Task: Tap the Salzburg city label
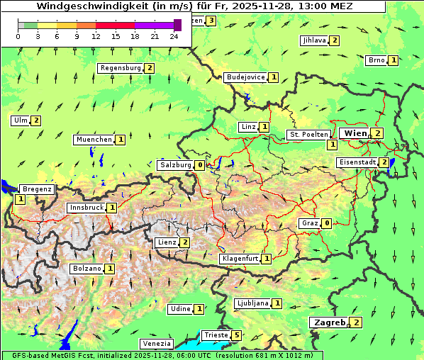pos(175,165)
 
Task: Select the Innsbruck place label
pos(86,208)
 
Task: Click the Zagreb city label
pos(329,322)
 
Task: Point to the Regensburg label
pos(121,68)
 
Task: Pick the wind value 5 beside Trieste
pos(237,335)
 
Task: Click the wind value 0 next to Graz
pos(326,223)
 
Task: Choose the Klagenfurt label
pos(240,259)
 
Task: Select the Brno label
pos(376,60)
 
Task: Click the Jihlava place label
pos(314,40)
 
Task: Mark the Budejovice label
pos(245,77)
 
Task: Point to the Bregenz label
pos(37,189)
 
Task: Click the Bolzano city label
pos(87,269)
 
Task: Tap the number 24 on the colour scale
pos(174,35)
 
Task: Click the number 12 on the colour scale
pos(96,35)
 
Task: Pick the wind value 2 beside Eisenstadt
pos(384,162)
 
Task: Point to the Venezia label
pos(156,343)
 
